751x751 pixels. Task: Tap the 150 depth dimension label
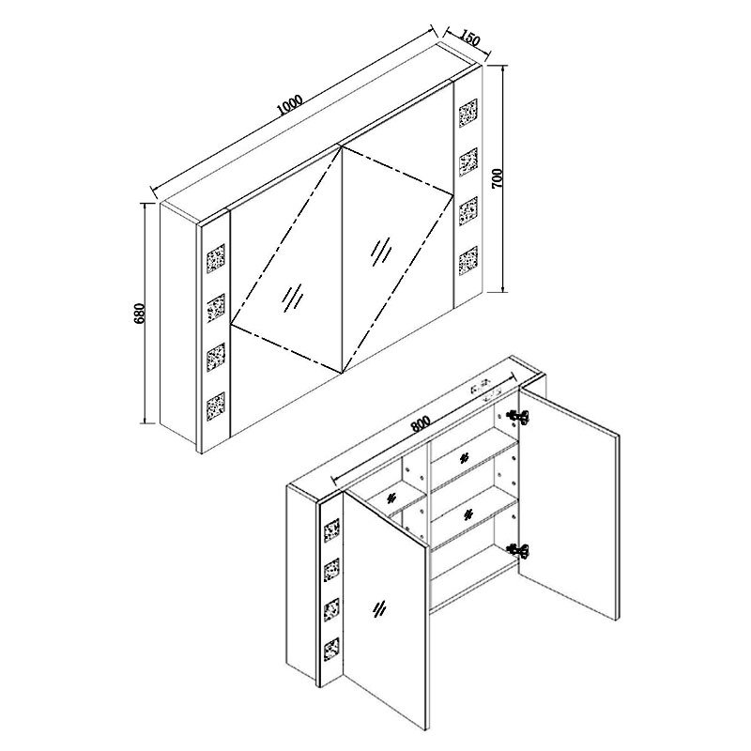click(470, 38)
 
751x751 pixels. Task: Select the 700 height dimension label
click(498, 178)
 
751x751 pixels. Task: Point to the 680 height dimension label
click(139, 314)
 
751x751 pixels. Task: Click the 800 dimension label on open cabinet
click(420, 423)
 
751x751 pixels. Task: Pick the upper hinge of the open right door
click(519, 417)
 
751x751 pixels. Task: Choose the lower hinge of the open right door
click(519, 551)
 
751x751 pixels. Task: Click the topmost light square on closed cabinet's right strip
click(467, 113)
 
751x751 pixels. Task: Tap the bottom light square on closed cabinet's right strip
click(467, 261)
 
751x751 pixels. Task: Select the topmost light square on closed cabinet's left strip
click(216, 259)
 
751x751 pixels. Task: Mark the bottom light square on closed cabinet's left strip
click(216, 406)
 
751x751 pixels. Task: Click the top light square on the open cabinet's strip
click(331, 530)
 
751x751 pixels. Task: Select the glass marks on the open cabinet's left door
click(379, 608)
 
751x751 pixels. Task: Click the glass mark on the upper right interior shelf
click(463, 459)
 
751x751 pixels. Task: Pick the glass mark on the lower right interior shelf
click(467, 514)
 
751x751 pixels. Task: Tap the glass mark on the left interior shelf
click(391, 498)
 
